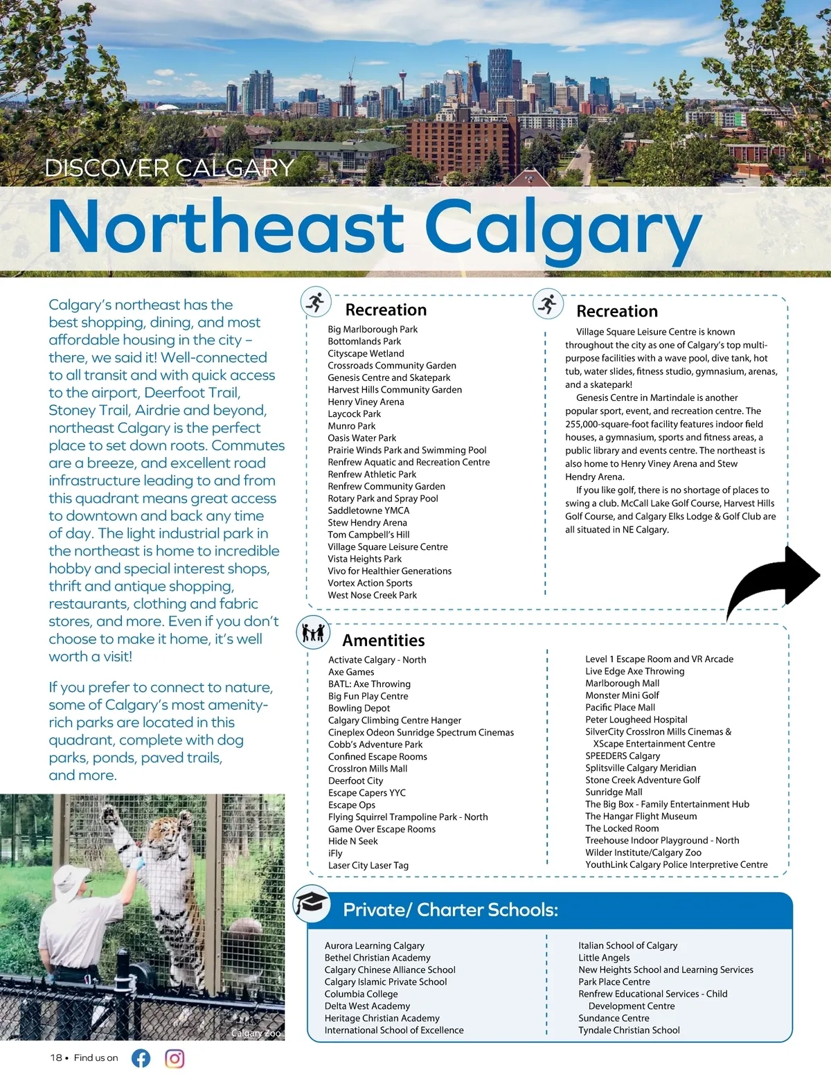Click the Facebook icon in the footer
coord(141,1058)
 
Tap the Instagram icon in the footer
coord(175,1058)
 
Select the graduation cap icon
coord(311,903)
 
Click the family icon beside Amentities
coord(313,632)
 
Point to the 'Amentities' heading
coord(383,641)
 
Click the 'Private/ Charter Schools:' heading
coord(450,910)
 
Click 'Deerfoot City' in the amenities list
coord(355,781)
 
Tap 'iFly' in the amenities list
coord(335,853)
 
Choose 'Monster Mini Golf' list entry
coord(622,695)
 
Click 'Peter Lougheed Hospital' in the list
coord(636,720)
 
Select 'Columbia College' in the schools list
coord(361,994)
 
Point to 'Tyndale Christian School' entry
coord(629,1030)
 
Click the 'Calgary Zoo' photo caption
coord(256,1033)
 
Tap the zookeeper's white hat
coord(71,879)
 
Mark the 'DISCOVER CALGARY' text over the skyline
coord(170,168)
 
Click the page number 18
coord(56,1058)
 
